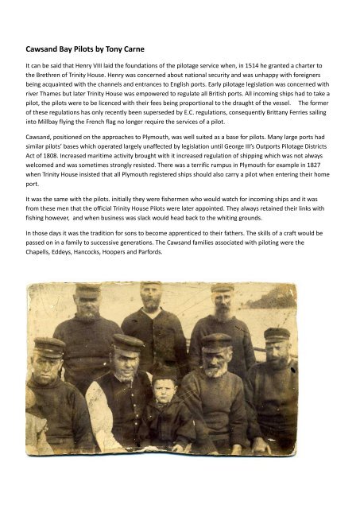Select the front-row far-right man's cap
277,333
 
